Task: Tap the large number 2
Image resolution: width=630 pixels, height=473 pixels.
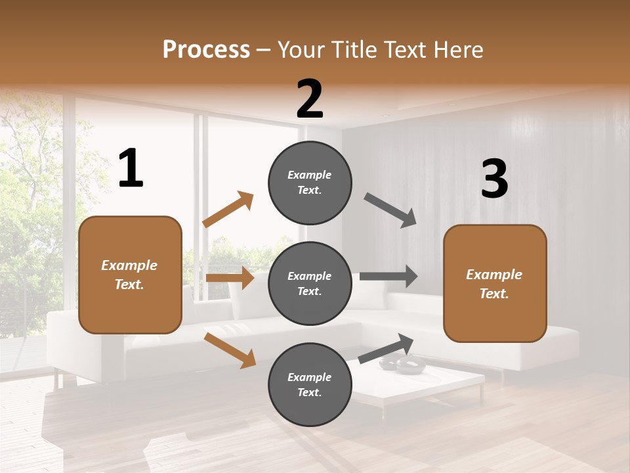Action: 310,99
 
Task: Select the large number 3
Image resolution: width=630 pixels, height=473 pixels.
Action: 495,179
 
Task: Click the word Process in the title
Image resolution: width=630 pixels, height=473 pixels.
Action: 206,49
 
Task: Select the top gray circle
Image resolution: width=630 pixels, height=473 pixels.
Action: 310,183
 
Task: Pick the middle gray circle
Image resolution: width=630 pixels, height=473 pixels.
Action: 310,283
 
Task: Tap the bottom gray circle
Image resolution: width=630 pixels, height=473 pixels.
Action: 310,384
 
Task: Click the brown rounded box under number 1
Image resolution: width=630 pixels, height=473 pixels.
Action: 130,275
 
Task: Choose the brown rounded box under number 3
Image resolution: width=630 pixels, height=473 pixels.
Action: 495,284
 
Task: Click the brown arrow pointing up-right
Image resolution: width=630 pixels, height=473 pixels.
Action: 228,210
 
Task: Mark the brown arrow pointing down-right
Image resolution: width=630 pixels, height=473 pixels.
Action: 230,350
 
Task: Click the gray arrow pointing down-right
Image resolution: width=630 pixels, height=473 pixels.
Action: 390,210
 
